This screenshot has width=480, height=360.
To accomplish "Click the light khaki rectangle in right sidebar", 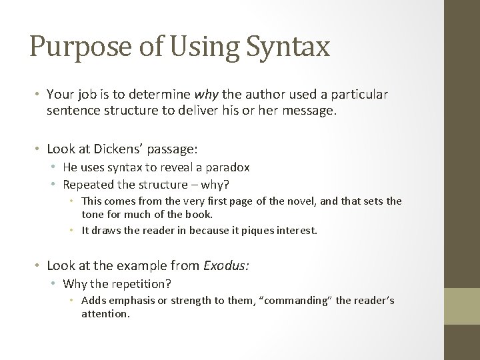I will tap(462, 307).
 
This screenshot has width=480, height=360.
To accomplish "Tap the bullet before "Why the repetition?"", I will tap(54, 284).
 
